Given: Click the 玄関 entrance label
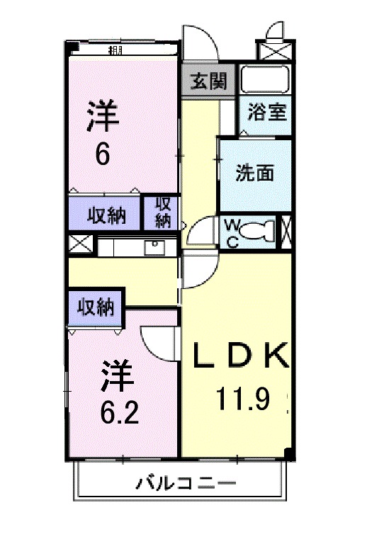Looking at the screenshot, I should click(x=208, y=81).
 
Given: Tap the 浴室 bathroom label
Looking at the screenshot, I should click(x=266, y=111).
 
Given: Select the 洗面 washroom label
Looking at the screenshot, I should click(x=254, y=174).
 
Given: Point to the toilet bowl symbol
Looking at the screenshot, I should click(x=263, y=230).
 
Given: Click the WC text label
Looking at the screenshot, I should click(x=232, y=232).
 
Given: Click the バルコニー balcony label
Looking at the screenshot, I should click(x=186, y=485).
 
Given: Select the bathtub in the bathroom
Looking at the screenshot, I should click(x=265, y=80).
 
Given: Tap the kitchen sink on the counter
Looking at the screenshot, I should click(x=154, y=247).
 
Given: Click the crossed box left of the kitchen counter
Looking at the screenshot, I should click(x=81, y=246).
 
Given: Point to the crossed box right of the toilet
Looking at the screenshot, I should click(x=286, y=230).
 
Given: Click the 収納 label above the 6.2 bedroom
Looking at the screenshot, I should click(x=96, y=307).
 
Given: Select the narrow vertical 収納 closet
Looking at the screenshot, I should click(x=162, y=211).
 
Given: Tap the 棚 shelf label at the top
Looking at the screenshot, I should click(x=114, y=50).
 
